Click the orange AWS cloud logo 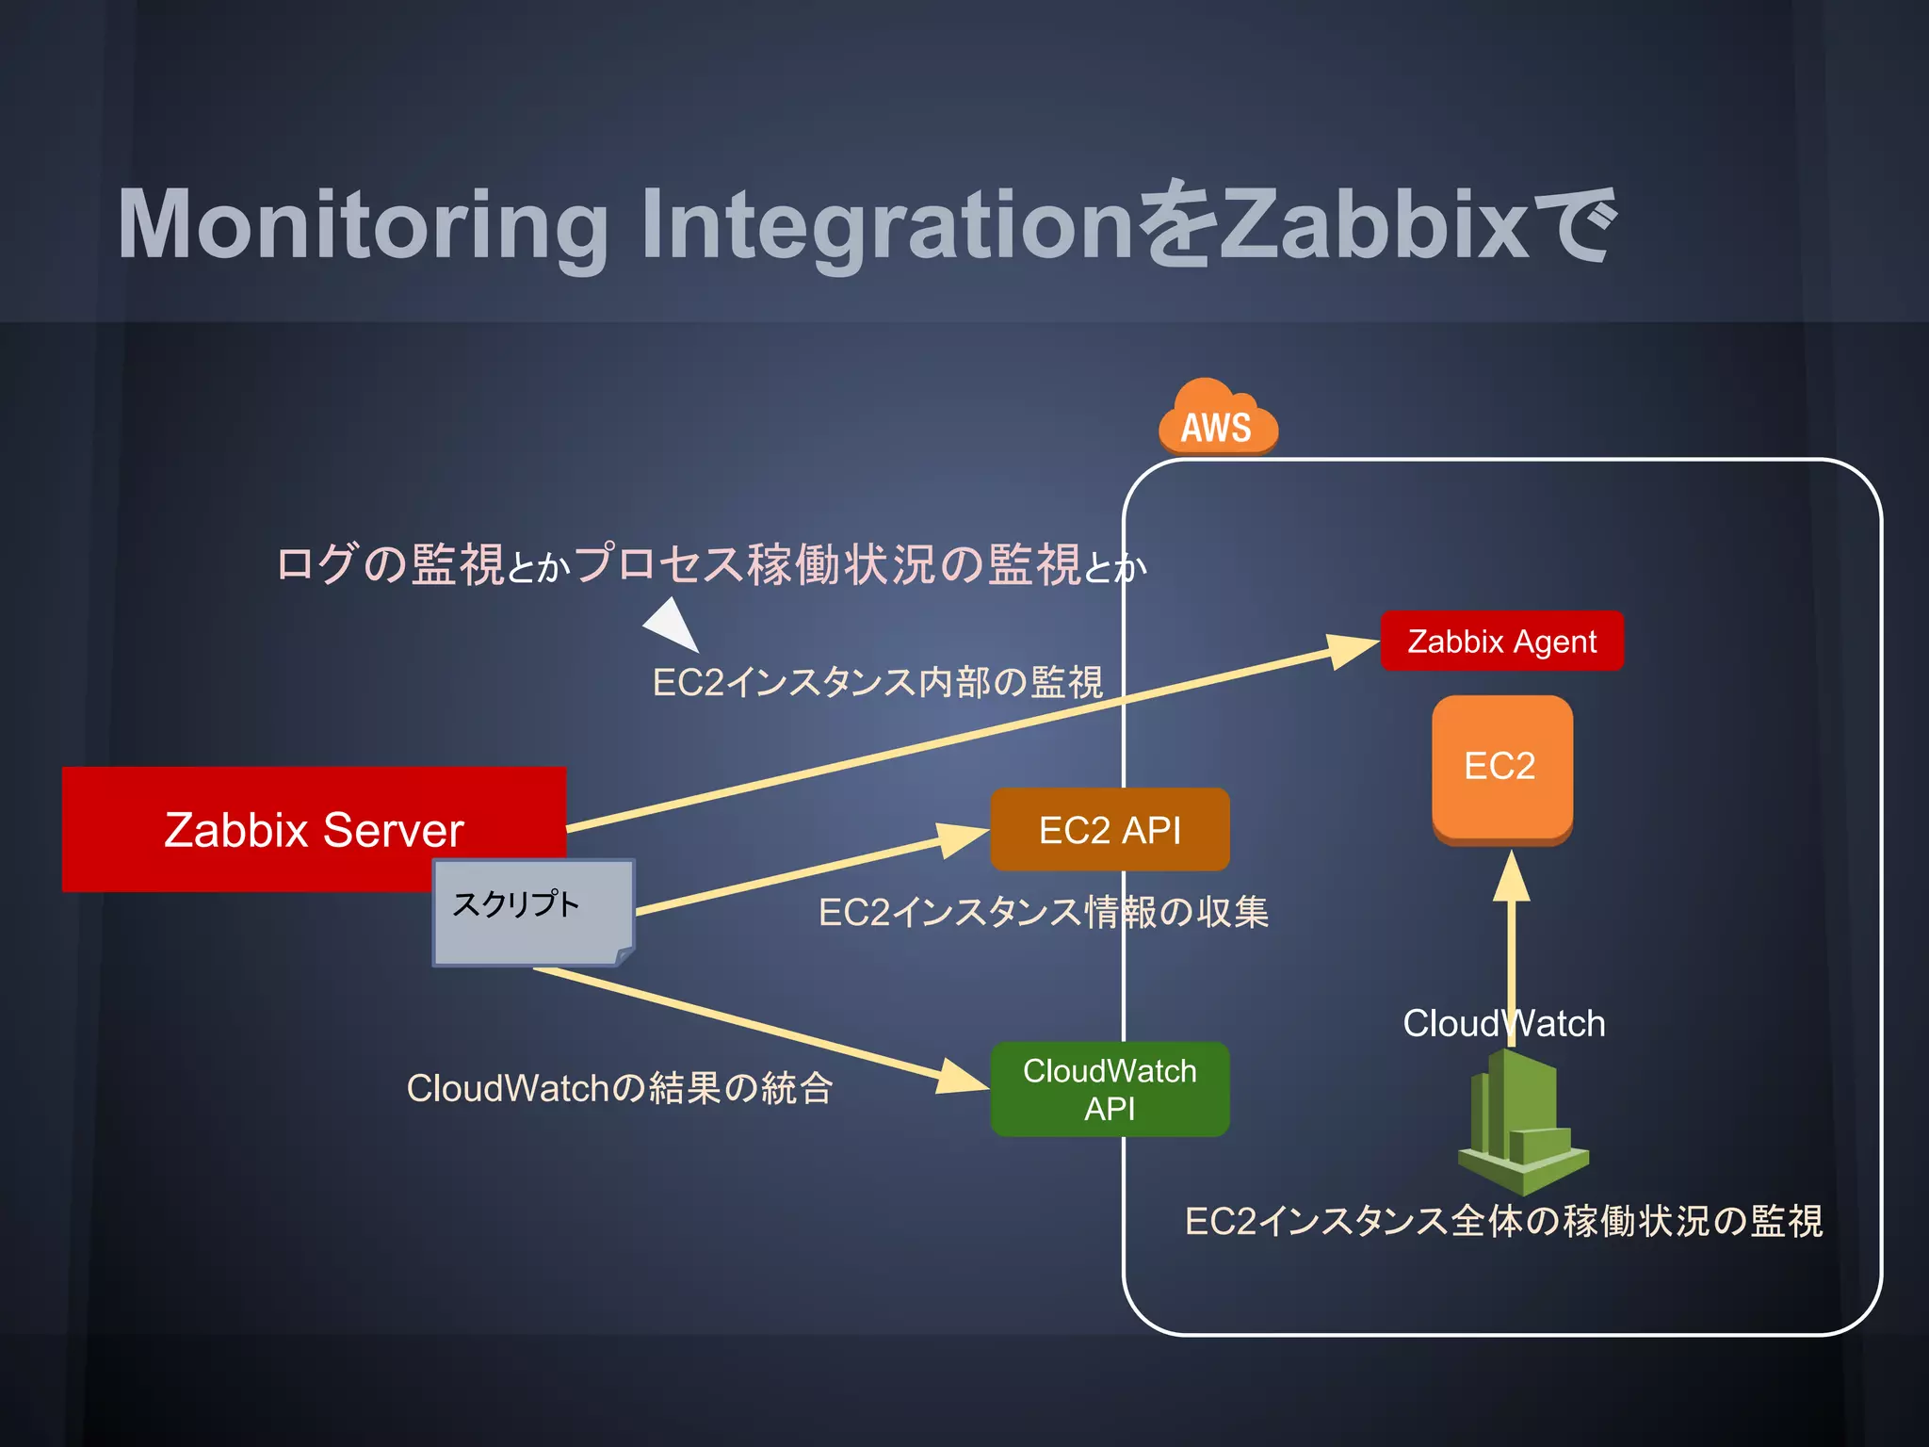pos(1217,420)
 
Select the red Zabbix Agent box pos(1501,642)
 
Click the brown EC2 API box pos(1110,830)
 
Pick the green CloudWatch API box pos(1110,1089)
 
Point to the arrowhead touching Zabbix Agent pos(1351,650)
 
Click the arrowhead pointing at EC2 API pos(961,838)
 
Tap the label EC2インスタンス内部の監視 pos(877,682)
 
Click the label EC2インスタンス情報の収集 pos(1043,912)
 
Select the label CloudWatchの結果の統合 pos(620,1088)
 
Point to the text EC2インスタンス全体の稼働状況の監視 pos(1503,1221)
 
